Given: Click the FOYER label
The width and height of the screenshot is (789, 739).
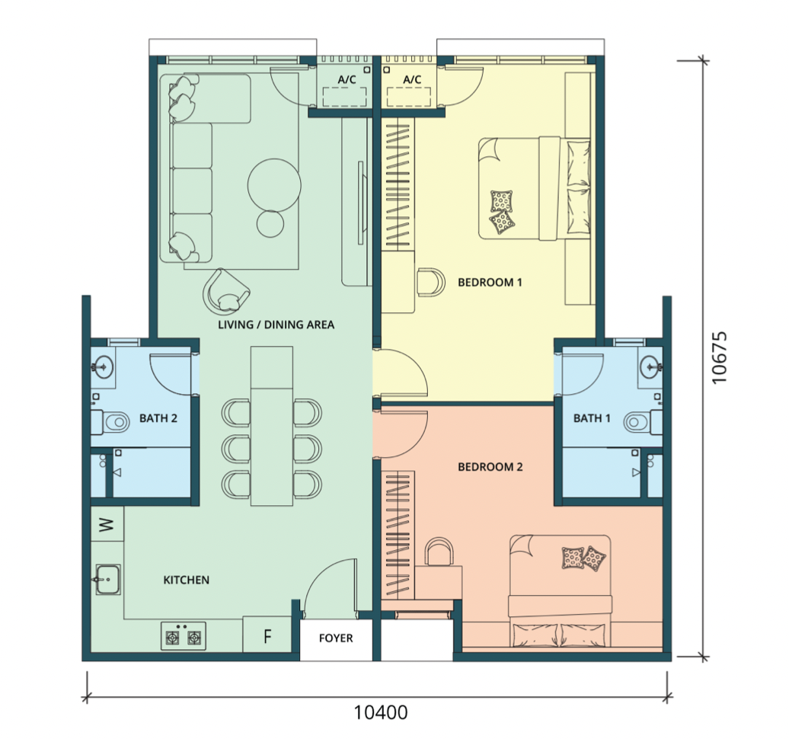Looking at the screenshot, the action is pos(336,638).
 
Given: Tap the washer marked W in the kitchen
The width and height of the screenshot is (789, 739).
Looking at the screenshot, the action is pos(107,524).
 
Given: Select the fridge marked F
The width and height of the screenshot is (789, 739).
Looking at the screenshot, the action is pos(267,635).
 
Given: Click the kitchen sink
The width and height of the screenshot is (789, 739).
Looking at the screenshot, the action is pos(107,580).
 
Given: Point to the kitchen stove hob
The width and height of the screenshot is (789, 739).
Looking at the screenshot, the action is pos(184,636).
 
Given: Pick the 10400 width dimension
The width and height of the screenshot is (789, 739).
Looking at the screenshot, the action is pos(381,712).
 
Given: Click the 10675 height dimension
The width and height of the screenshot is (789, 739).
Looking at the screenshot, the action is pos(720,357).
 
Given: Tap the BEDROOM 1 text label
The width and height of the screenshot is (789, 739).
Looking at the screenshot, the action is pos(490,283).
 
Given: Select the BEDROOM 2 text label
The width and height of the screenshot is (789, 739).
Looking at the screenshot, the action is pos(490,467).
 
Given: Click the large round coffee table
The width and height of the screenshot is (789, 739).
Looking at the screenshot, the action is pos(274,184).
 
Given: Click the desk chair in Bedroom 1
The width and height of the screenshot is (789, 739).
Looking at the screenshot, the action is pos(431,282).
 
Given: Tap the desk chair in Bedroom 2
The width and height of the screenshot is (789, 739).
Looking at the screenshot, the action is pos(439,552).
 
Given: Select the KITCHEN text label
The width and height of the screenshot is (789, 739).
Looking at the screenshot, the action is pos(186,580).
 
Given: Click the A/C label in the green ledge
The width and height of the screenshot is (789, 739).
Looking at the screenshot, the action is pos(347,79).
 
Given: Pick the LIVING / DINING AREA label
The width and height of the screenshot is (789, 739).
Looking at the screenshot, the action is pos(276,325).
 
